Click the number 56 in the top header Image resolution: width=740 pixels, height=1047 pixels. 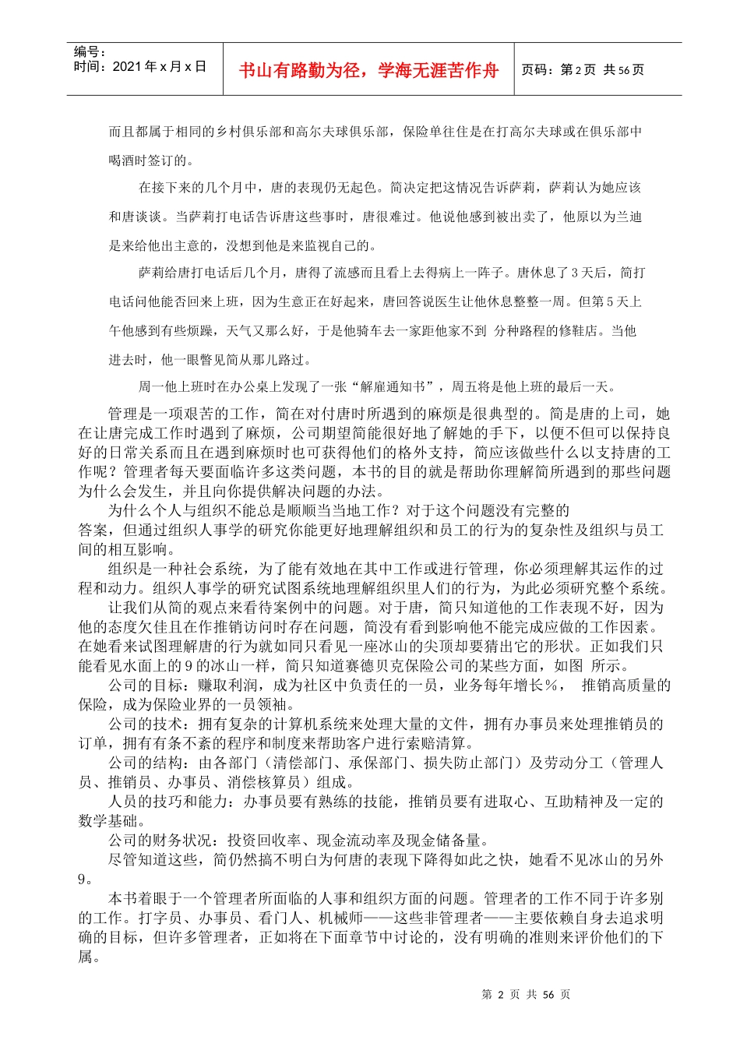[623, 70]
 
